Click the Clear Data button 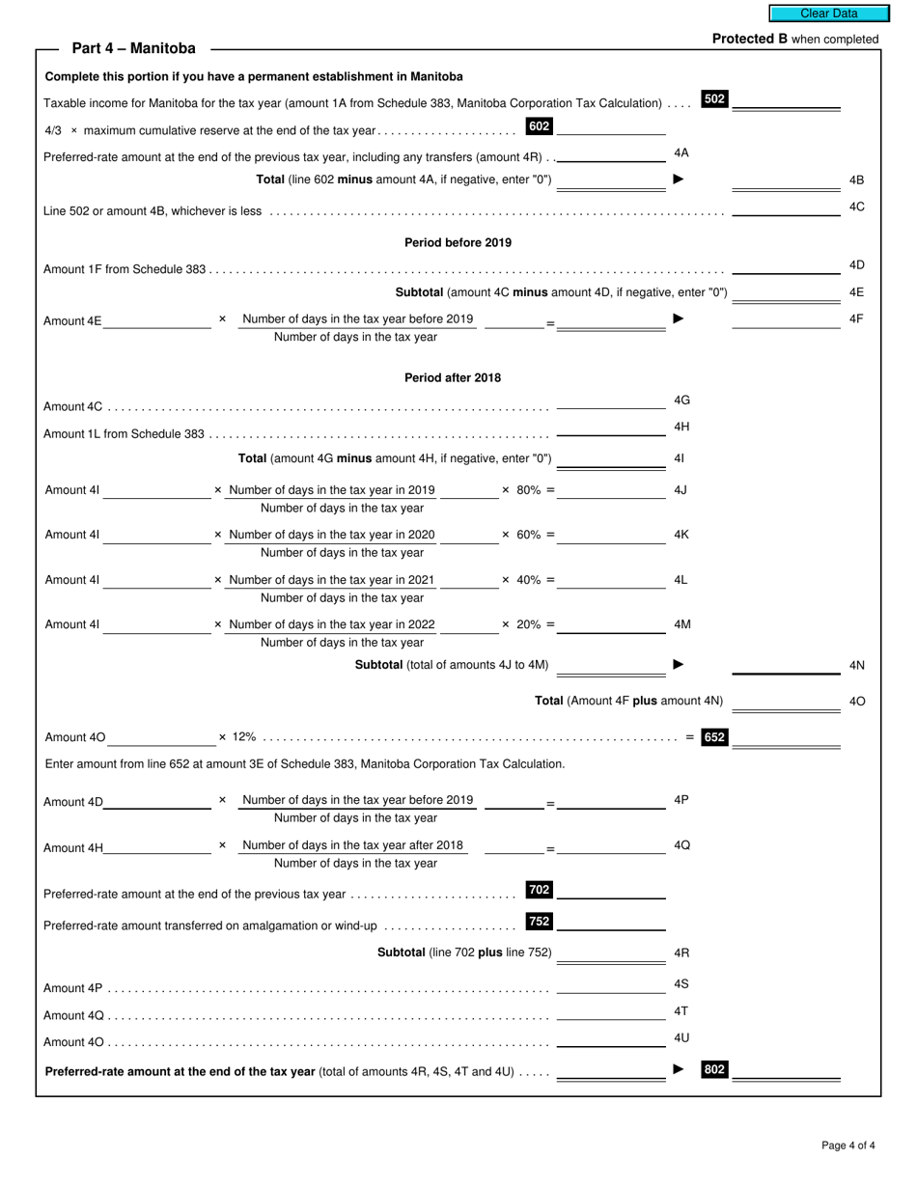(828, 14)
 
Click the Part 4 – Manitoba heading (133, 48)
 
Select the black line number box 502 (714, 98)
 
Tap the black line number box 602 (539, 126)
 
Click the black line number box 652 (714, 737)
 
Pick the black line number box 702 (539, 890)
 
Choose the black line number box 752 (539, 922)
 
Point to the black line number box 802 (714, 1069)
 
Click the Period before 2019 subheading (458, 242)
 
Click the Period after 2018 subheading (453, 377)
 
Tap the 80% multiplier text (528, 490)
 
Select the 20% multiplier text (528, 624)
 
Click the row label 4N (856, 666)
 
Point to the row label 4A (681, 152)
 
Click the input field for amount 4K (611, 535)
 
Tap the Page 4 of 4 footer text (848, 1146)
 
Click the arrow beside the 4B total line (679, 179)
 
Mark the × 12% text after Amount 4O (237, 737)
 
